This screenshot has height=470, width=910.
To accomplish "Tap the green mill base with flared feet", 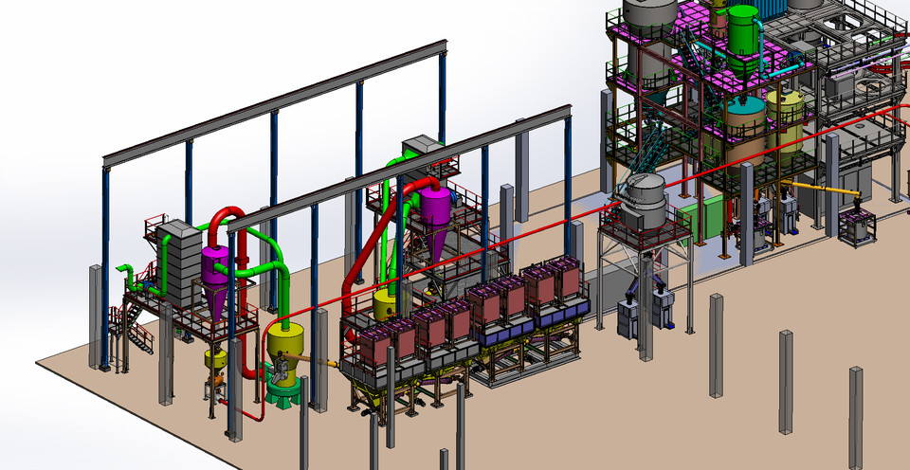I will coord(282,389).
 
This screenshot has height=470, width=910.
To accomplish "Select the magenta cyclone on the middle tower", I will coord(437,214).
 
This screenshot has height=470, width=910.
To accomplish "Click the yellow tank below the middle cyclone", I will coord(386,305).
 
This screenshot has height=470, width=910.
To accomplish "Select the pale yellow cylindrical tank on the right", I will coord(785,117).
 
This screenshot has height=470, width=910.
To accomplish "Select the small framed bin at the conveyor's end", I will coord(857,226).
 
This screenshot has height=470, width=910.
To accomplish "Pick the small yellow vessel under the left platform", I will coord(216,361).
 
